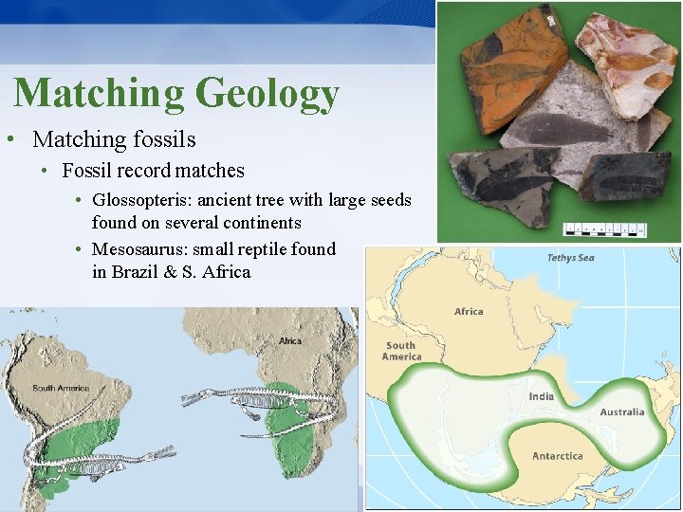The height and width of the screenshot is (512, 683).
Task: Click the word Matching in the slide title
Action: coord(100,93)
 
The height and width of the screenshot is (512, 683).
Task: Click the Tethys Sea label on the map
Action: coord(571,258)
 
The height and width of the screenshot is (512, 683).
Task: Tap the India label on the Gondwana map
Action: coord(542,395)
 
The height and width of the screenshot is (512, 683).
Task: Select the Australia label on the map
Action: coord(621,411)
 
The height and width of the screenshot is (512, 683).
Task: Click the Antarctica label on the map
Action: coord(557,456)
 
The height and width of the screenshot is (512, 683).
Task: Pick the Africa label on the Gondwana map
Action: coord(469,311)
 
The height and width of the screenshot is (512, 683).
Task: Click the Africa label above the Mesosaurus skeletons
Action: coord(289,341)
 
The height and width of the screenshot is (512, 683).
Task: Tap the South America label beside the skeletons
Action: coord(61,388)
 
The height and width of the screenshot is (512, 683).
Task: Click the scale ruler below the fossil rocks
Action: coord(604,229)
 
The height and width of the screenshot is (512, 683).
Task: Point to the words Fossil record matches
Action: coord(153,172)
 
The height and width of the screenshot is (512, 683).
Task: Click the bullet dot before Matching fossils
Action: coord(9,140)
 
